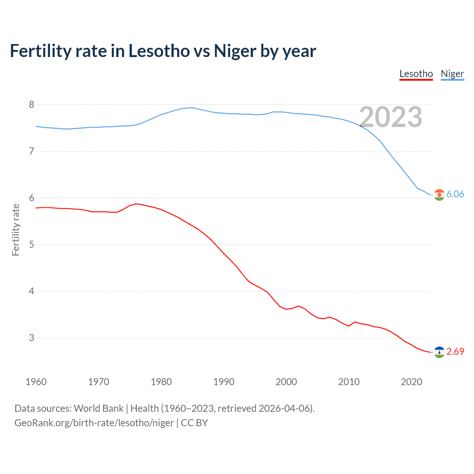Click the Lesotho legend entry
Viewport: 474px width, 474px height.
coord(416,74)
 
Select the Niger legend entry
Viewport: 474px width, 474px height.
coord(452,74)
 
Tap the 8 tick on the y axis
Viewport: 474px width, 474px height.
coord(31,105)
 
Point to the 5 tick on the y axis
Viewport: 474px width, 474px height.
coord(31,245)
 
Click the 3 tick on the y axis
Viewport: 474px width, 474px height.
coord(31,338)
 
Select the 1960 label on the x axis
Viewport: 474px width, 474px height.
coord(36,382)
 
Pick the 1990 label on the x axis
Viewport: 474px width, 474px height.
coord(224,382)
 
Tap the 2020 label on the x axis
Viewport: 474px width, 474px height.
coord(411,382)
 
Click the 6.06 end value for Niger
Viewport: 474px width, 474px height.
coord(455,194)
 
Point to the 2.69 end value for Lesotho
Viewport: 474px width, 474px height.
coord(455,352)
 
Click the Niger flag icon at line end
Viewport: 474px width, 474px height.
coord(439,195)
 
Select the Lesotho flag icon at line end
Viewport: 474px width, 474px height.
coord(439,352)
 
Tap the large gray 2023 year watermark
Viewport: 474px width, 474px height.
coord(391,117)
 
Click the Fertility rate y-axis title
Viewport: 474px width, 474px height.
coord(16,230)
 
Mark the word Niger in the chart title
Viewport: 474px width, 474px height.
coord(235,51)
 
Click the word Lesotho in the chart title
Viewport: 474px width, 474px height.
coord(159,51)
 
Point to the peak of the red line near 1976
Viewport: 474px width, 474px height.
coord(136,204)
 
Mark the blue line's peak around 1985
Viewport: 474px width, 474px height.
coord(191,108)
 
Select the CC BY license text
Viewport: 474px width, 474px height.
coord(194,423)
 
